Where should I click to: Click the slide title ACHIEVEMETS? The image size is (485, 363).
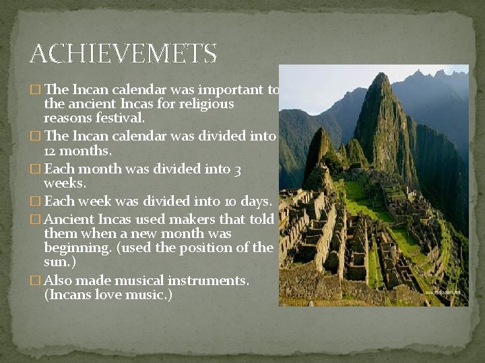pyautogui.click(x=123, y=53)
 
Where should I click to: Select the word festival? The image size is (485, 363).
pyautogui.click(x=121, y=118)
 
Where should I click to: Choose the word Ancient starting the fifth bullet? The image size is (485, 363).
pyautogui.click(x=69, y=219)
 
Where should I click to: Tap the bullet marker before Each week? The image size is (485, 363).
pyautogui.click(x=36, y=202)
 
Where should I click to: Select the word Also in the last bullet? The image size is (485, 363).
pyautogui.click(x=58, y=280)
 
